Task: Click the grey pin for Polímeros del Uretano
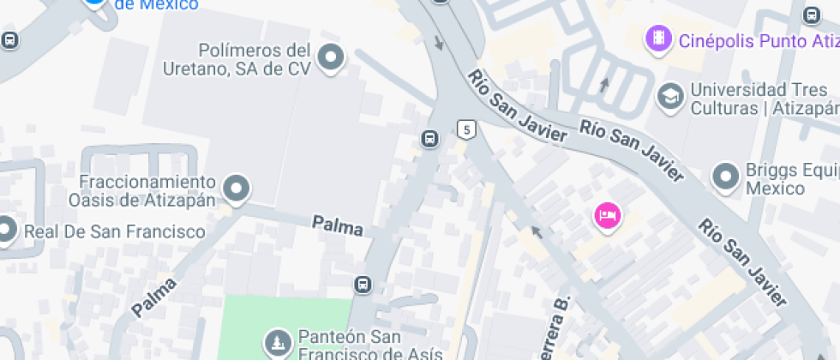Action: point(330,58)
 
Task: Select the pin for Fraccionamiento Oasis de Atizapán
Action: point(236,187)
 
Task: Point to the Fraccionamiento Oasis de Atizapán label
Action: point(147,190)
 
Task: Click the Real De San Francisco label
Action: point(114,231)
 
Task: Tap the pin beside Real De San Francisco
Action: point(5,230)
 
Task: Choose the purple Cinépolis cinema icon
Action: point(657,39)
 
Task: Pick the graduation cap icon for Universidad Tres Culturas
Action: point(669,97)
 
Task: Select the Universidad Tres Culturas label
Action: point(759,99)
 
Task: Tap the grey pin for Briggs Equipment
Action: point(726,177)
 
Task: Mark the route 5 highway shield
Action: point(465,129)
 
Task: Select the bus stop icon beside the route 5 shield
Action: point(430,138)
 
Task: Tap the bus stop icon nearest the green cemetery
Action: point(363,284)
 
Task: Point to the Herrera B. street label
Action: point(555,330)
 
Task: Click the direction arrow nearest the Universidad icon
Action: point(604,84)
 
